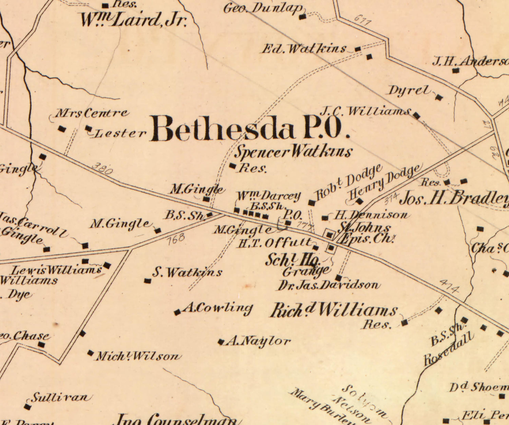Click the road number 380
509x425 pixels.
(x=102, y=168)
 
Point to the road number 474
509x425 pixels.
(x=449, y=287)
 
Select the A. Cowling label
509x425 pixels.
(x=217, y=308)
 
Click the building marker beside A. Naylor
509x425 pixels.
(x=221, y=342)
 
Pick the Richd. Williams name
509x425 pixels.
(x=334, y=310)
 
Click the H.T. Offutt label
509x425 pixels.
(x=275, y=243)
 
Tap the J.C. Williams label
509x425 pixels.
(x=365, y=111)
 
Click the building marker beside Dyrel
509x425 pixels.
(x=439, y=98)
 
